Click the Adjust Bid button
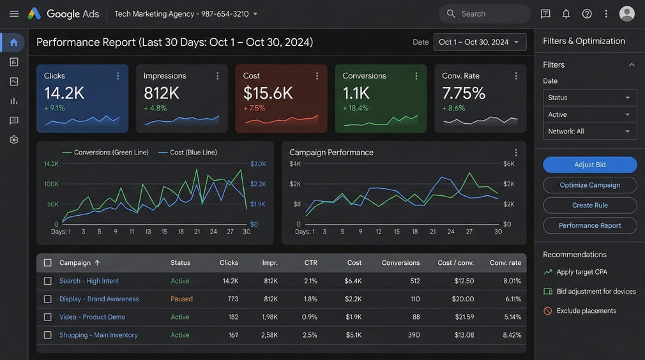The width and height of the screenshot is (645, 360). (589, 165)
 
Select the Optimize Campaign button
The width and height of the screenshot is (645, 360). (589, 185)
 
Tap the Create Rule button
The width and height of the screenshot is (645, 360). (589, 206)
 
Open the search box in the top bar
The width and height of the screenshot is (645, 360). (485, 13)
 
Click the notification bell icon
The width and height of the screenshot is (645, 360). (566, 13)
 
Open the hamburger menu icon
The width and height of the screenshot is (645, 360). (14, 13)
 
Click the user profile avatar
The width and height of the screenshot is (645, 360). (627, 13)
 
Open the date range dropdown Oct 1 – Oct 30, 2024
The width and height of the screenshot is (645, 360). (480, 42)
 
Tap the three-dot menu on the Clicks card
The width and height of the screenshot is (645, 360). (118, 76)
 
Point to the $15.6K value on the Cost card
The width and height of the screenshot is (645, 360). (268, 93)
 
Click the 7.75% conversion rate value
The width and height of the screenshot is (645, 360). (464, 93)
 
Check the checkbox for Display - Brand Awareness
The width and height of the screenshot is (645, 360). (47, 299)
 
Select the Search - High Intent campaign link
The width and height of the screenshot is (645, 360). (89, 281)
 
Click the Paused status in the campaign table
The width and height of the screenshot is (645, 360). (181, 299)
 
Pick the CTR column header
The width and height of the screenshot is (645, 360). (310, 262)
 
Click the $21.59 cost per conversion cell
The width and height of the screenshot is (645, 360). (464, 317)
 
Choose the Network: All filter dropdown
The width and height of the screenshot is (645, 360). (589, 131)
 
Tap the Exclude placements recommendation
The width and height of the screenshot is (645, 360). (586, 311)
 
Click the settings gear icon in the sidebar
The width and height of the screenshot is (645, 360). (14, 140)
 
